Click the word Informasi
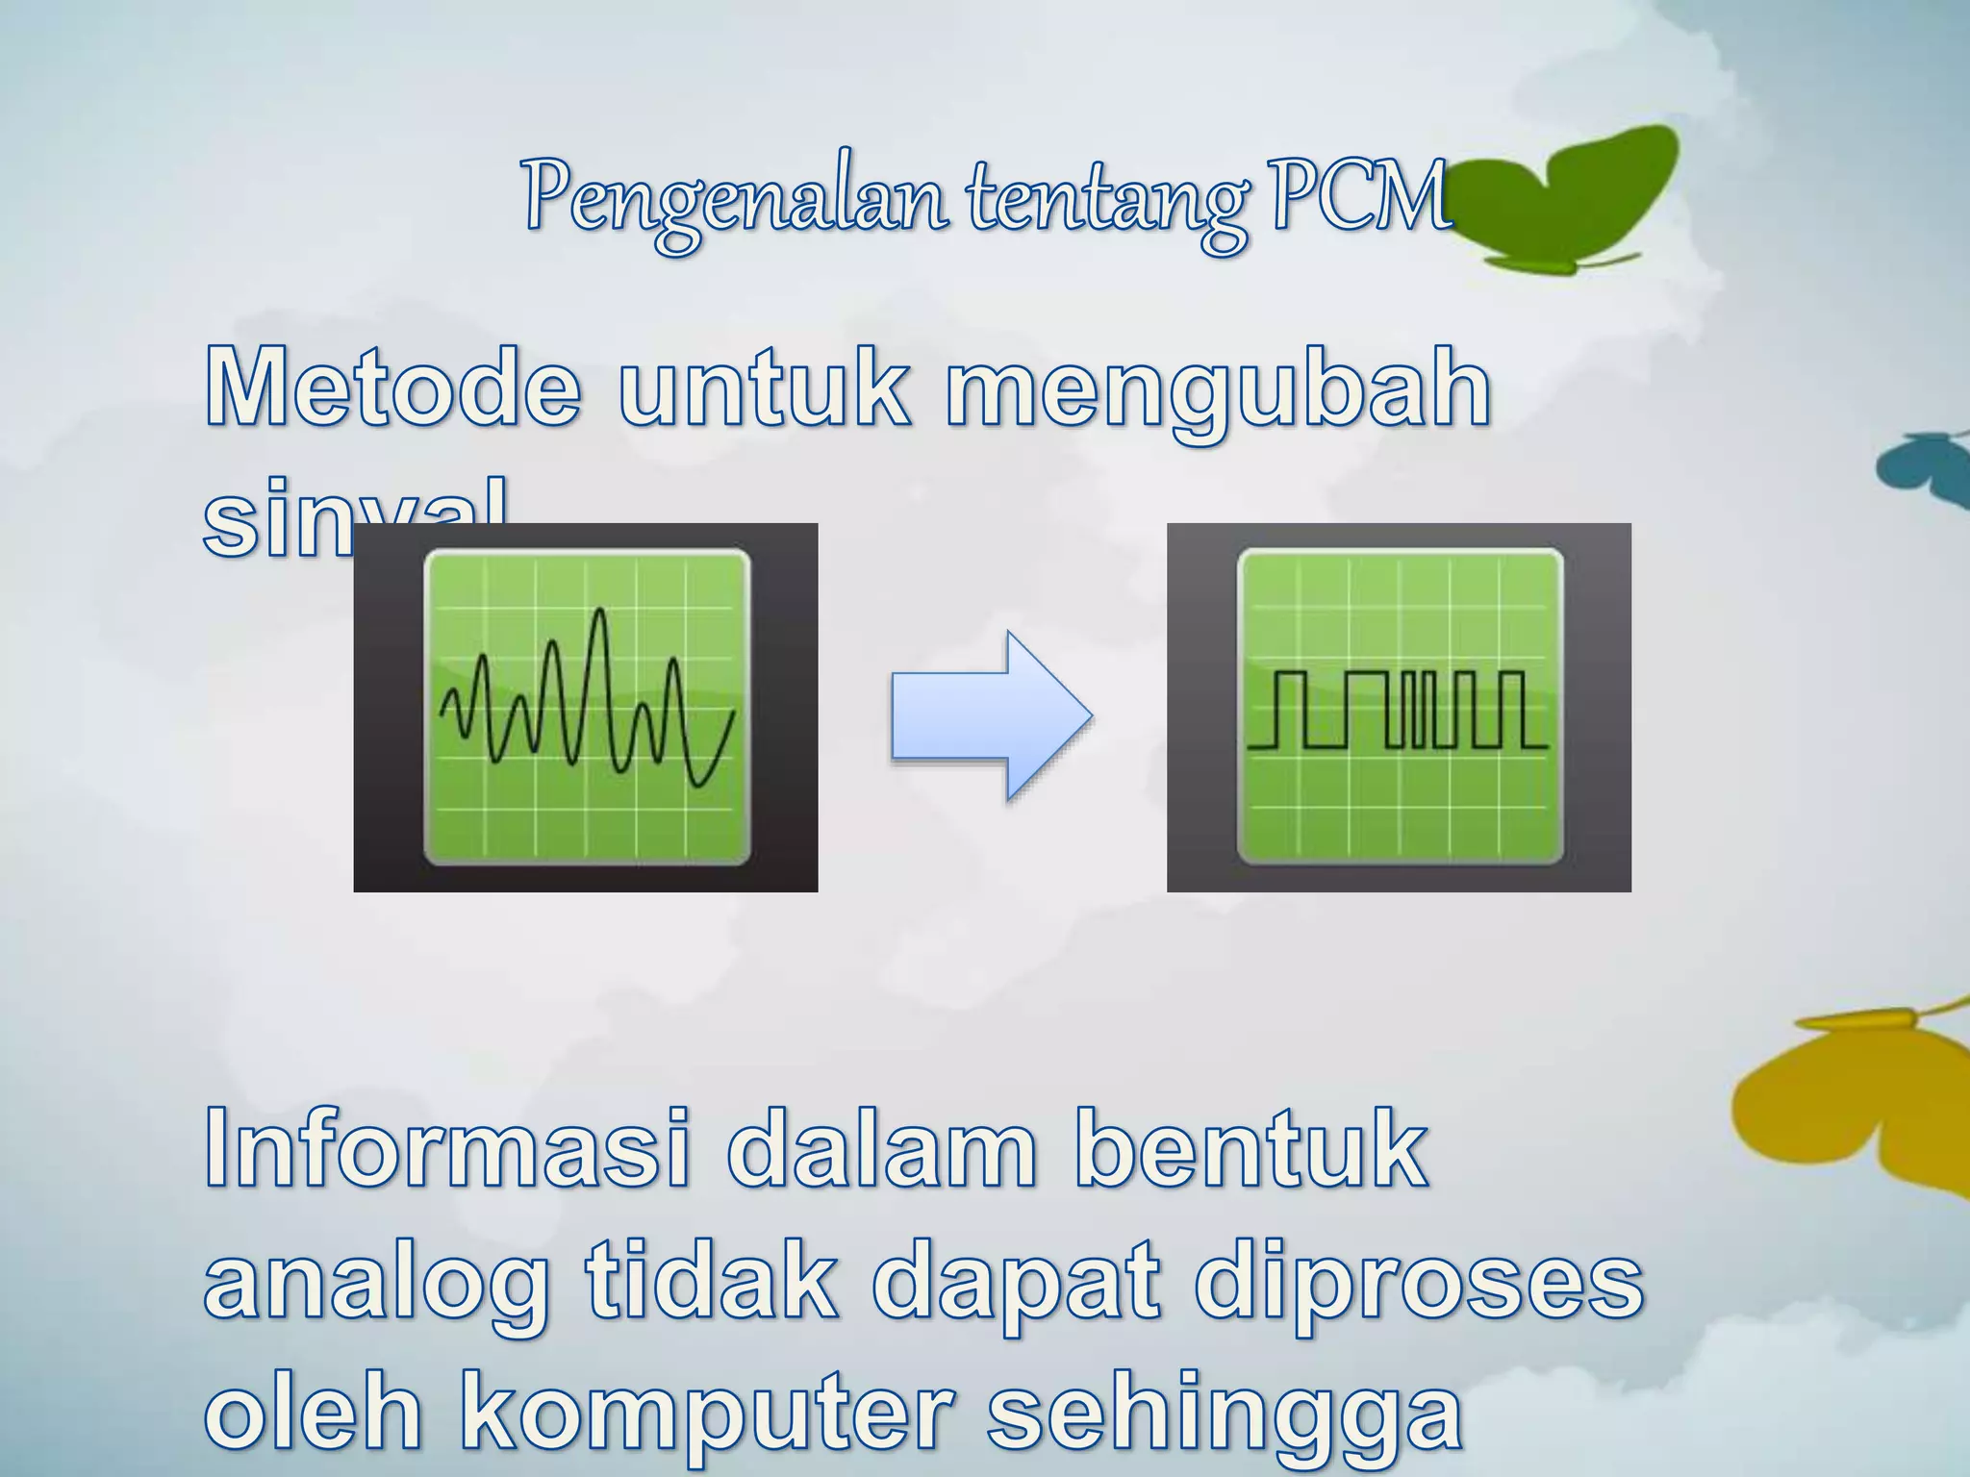447,1149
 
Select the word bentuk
1250,1149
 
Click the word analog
375,1287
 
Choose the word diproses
1419,1287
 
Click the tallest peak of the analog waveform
600,612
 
